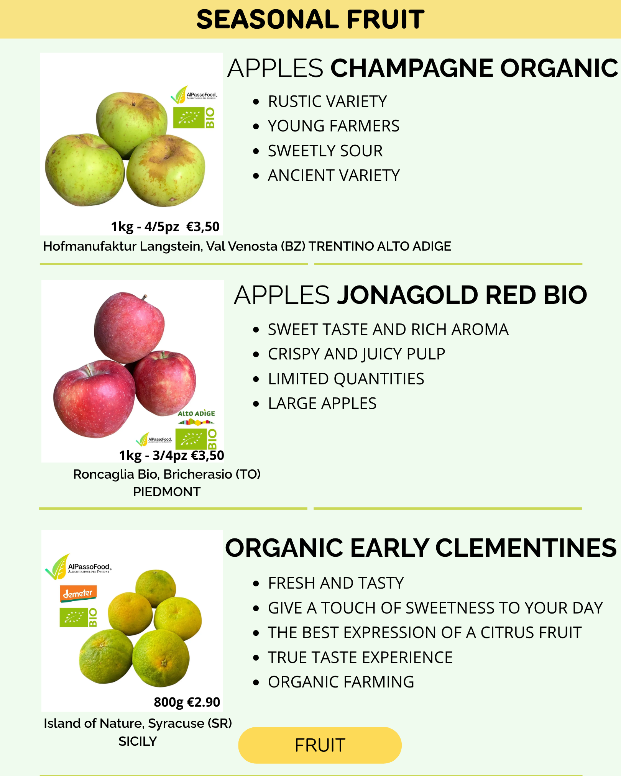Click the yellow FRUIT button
tap(320, 745)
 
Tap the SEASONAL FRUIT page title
tap(310, 20)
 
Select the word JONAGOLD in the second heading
tap(407, 295)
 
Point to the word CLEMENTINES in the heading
tap(526, 548)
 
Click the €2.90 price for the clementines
tap(203, 702)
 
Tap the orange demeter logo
tap(78, 594)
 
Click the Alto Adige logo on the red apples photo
tap(196, 418)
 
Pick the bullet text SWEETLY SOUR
tap(325, 151)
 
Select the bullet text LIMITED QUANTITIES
tap(346, 379)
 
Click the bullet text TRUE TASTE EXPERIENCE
tap(360, 658)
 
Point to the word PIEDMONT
tap(167, 492)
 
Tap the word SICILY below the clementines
tap(138, 742)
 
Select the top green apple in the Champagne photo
tap(131, 125)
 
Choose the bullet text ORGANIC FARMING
tap(341, 682)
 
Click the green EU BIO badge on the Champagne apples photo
tap(194, 118)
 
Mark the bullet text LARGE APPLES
tap(322, 404)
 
